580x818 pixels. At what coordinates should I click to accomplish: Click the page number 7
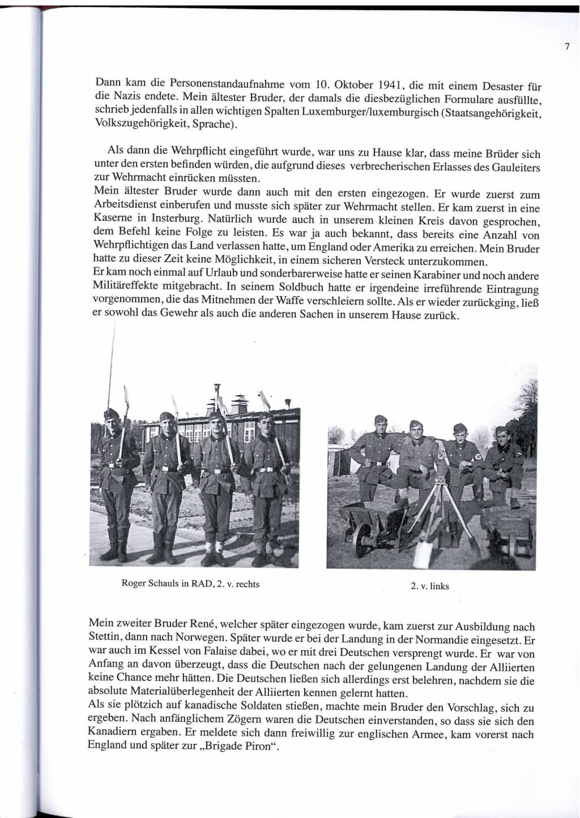[x=566, y=47]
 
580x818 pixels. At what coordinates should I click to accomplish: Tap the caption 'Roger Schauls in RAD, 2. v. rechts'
[x=191, y=584]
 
